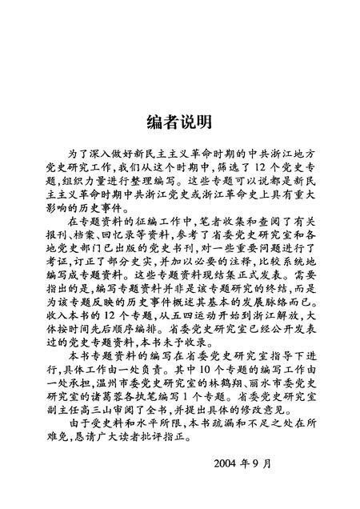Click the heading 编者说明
pos(179,122)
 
